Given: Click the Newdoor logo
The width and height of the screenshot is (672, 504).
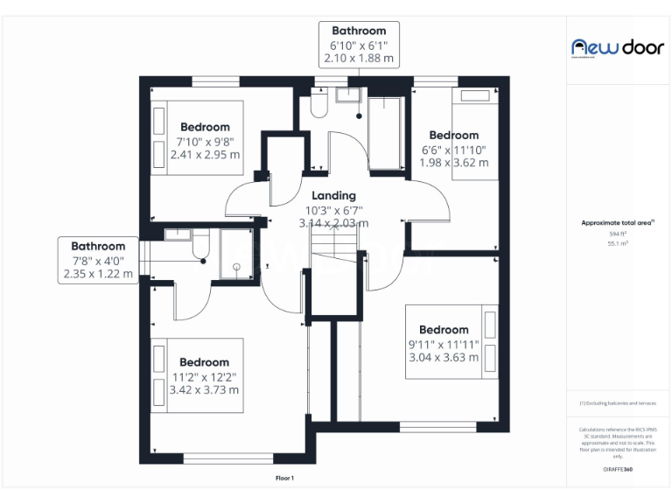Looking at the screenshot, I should tap(617, 47).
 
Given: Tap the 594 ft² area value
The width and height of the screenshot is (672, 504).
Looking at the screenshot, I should tap(618, 234).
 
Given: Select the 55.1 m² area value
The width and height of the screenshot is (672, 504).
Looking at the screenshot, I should tap(618, 243).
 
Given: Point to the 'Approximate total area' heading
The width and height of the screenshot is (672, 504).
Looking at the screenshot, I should tap(618, 223).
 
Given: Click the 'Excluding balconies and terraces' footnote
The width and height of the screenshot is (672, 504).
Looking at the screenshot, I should tap(618, 402).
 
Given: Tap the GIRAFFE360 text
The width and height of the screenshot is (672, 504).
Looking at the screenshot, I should tap(618, 470).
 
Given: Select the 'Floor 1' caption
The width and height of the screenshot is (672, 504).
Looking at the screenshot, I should tap(284, 478).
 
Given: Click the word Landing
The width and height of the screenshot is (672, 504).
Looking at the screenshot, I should tap(333, 196).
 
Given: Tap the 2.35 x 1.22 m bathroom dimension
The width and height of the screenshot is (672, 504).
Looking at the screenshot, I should tap(98, 274).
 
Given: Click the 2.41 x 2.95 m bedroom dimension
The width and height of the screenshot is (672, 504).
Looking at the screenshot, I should tap(205, 155).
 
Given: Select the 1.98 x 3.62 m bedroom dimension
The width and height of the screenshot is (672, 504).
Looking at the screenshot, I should tap(454, 163).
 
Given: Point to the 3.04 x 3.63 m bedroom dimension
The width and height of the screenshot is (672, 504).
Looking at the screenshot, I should tap(444, 357).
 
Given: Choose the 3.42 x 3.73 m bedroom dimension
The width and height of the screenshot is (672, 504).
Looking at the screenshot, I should tap(204, 389).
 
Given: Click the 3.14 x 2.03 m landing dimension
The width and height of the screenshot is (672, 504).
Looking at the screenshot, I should tap(333, 223).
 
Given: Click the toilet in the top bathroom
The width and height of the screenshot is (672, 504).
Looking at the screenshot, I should tap(318, 105).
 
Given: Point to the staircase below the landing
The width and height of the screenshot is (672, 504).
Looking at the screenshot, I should tap(336, 280).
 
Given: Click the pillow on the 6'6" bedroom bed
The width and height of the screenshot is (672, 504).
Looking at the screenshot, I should tap(475, 94).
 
